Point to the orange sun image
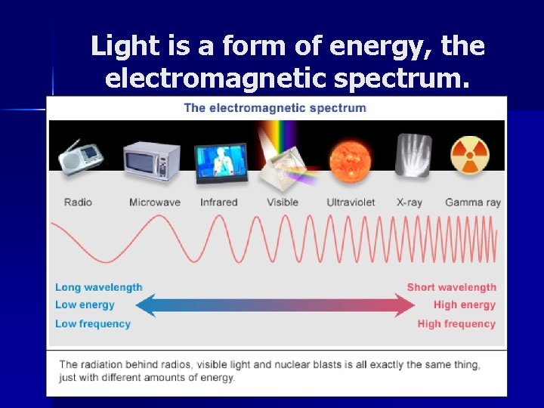tap(349, 161)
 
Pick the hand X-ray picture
tap(413, 155)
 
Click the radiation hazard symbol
tap(469, 155)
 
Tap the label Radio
tap(79, 202)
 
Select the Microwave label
tap(154, 202)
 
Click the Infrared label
tap(219, 202)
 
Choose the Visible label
tap(283, 202)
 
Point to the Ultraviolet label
tap(351, 202)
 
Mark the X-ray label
tap(411, 202)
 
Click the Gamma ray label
tap(472, 202)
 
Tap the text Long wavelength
tap(98, 287)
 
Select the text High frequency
tap(456, 324)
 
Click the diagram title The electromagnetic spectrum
tap(275, 107)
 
